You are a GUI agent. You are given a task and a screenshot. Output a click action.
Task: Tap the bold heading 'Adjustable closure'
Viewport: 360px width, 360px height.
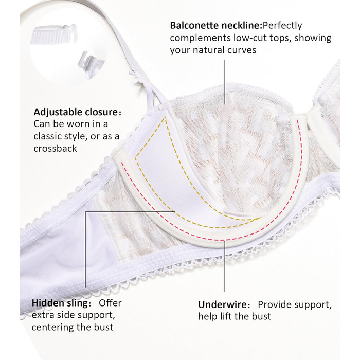point(77,112)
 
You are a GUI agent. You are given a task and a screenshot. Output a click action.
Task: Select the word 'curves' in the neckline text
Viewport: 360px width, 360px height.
point(240,50)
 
